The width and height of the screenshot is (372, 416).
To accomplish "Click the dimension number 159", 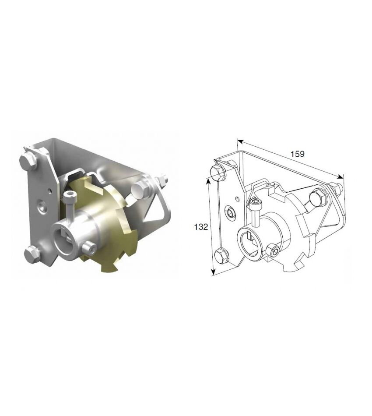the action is pos(298,154).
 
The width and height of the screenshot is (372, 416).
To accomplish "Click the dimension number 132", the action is pos(201,227).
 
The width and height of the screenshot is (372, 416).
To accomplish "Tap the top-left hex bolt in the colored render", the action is pos(28,161).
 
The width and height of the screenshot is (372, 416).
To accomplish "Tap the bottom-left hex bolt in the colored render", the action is pos(32,253).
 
